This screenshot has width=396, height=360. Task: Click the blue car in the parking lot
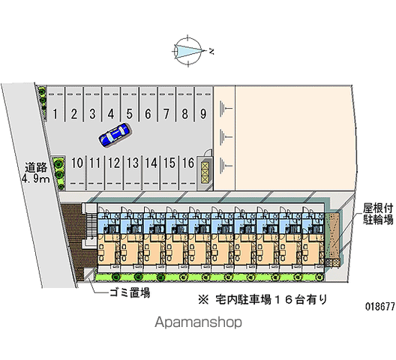tap(115, 135)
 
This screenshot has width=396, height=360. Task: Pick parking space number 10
tap(76, 172)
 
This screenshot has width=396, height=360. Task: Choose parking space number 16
tap(188, 172)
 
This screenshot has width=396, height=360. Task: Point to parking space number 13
tap(132, 172)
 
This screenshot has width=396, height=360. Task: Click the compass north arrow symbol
tap(188, 51)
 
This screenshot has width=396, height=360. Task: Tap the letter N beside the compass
tap(211, 52)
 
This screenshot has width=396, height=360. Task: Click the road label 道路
tap(36, 167)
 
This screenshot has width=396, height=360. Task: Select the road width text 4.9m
tap(36, 178)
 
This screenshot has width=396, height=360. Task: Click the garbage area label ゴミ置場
tap(130, 292)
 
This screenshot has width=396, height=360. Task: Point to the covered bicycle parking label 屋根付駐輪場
tap(378, 214)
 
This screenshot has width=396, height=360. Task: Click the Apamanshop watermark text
tap(198, 322)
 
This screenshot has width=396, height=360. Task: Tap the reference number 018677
tap(379, 307)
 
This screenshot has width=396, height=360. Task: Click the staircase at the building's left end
tap(90, 226)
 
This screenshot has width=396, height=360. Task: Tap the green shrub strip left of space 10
tap(58, 172)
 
